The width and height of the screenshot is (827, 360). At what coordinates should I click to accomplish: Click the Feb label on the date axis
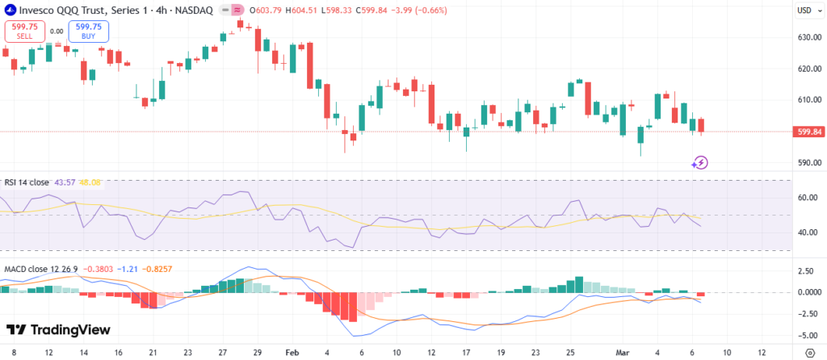tap(292, 353)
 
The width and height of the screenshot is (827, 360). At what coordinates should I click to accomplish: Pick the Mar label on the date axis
tap(622, 353)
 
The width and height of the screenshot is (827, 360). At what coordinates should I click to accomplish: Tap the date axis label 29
tap(257, 353)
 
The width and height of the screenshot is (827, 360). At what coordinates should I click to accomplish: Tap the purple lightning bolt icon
tap(700, 162)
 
